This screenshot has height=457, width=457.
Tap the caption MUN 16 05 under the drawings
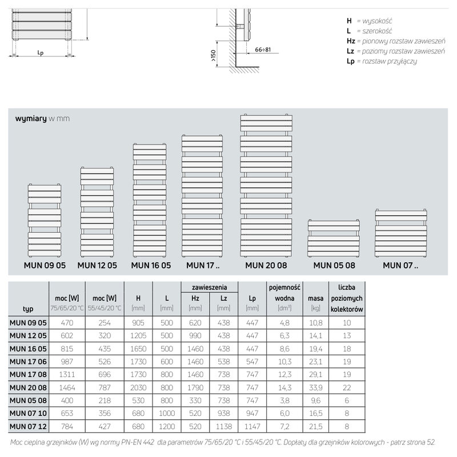(151, 265)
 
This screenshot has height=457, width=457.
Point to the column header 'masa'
(316, 298)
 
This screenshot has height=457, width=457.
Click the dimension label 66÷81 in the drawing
(263, 50)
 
